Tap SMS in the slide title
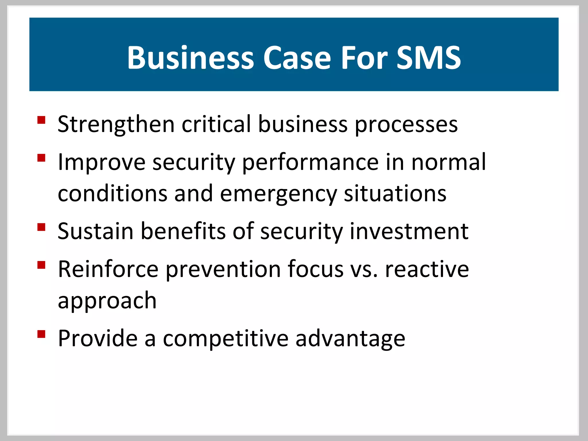tap(428, 58)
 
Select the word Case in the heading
tap(297, 58)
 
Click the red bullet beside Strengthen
tap(41, 120)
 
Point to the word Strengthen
tap(116, 125)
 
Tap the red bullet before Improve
tap(41, 158)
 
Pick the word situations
tap(395, 194)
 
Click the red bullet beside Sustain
tap(41, 227)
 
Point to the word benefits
tap(183, 231)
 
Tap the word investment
tap(409, 231)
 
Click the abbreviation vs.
tap(364, 270)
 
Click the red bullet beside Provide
tap(41, 334)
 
